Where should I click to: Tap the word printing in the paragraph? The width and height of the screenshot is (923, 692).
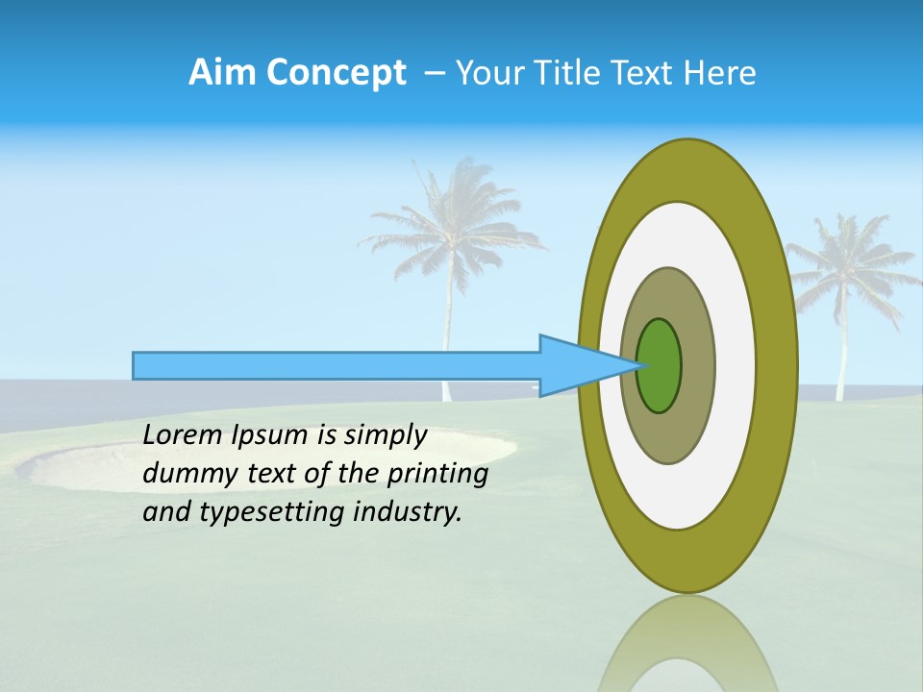[x=437, y=474]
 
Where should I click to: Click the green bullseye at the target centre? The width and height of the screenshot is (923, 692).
[x=660, y=365]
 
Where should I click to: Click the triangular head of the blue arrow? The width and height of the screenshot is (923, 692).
[x=577, y=365]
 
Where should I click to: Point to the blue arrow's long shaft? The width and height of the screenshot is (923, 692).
[x=337, y=365]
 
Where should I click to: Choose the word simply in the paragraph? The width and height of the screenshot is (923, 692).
[x=384, y=435]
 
